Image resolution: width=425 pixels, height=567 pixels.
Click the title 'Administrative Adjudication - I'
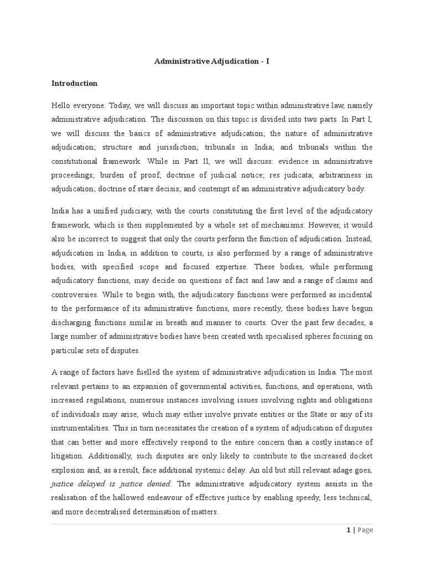pyautogui.click(x=212, y=61)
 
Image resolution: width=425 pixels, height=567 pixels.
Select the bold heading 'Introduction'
pyautogui.click(x=74, y=83)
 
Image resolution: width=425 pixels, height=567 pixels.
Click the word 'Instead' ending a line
pyautogui.click(x=359, y=239)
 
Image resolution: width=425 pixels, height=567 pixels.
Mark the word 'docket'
pyautogui.click(x=360, y=456)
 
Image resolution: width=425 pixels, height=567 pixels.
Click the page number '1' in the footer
pyautogui.click(x=348, y=530)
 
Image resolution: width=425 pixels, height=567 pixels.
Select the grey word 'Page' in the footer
pyautogui.click(x=365, y=530)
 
